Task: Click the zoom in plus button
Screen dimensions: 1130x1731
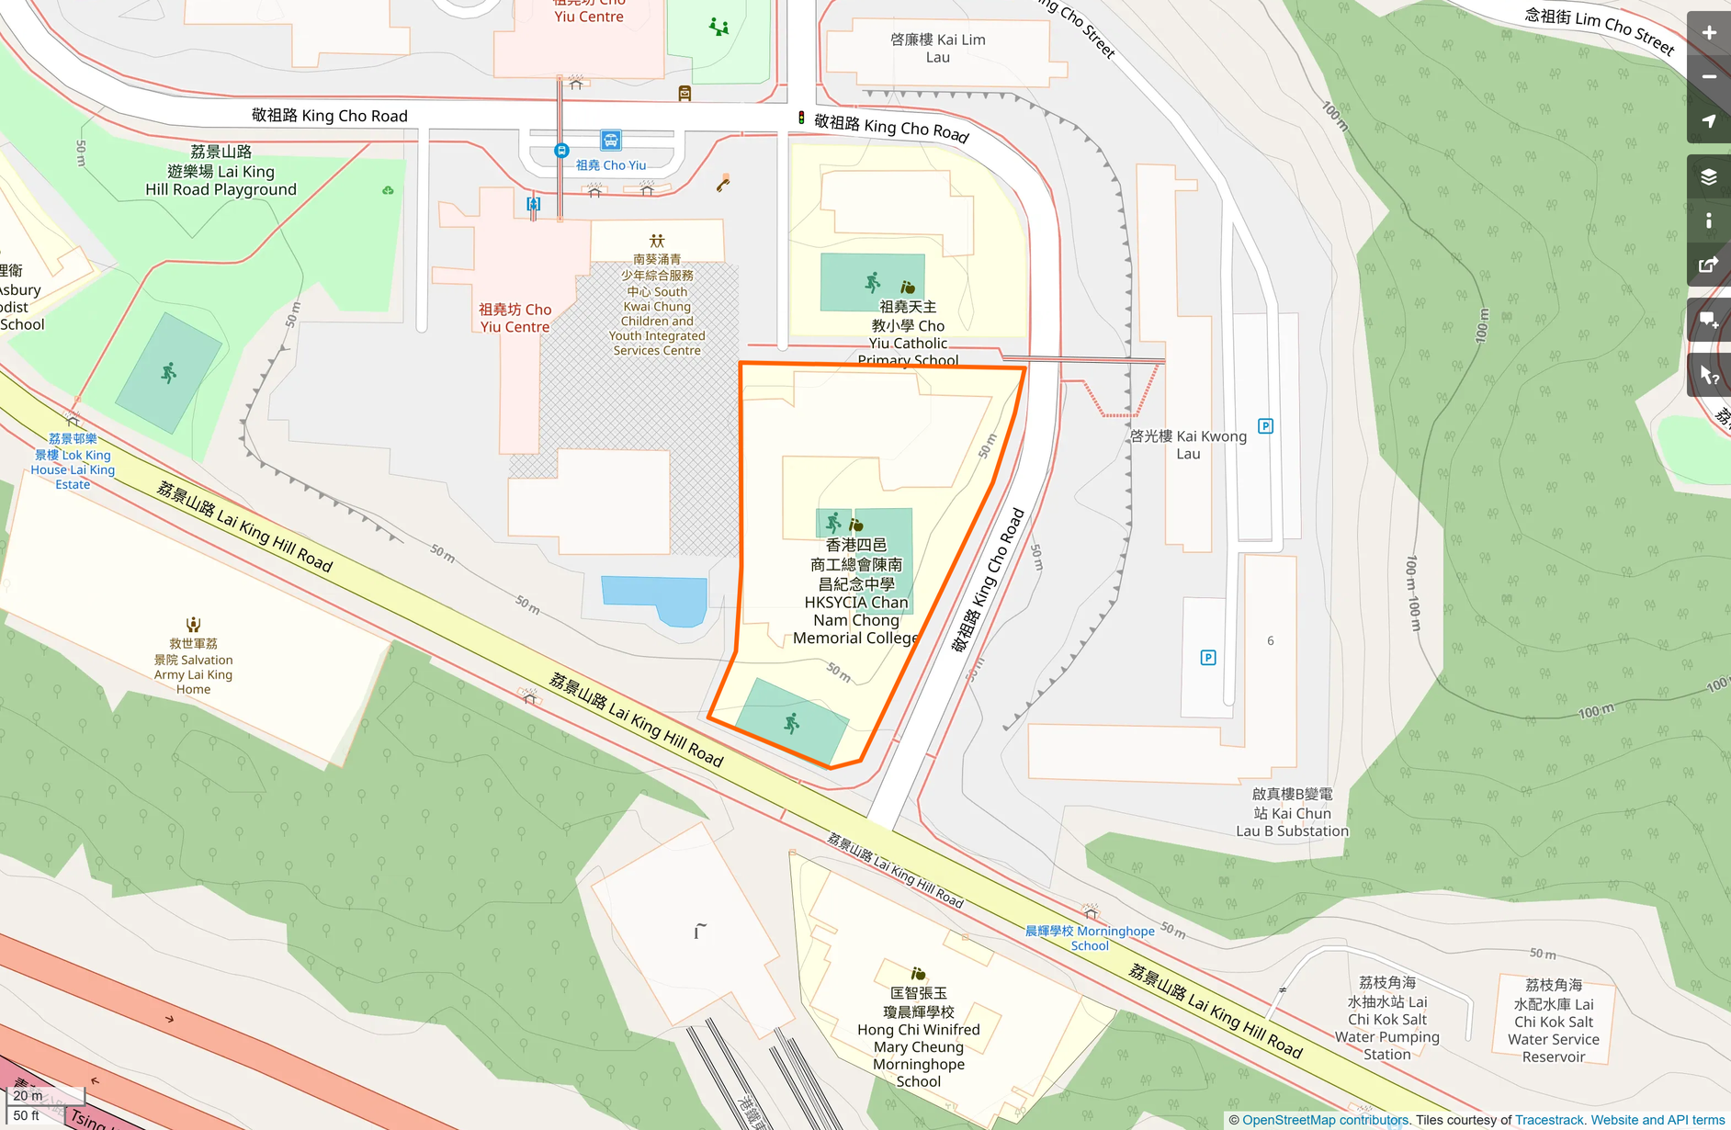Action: (1709, 33)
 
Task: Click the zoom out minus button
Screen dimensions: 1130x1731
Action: (1709, 77)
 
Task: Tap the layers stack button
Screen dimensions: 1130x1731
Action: (1709, 177)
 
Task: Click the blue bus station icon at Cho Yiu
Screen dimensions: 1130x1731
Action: (611, 140)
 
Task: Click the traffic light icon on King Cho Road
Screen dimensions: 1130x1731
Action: (801, 118)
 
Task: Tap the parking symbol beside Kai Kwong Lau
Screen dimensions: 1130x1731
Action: (1265, 426)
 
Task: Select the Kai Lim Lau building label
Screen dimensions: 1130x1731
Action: (937, 48)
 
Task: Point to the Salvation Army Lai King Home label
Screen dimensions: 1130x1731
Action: (193, 666)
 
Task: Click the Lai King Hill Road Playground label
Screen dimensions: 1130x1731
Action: (221, 171)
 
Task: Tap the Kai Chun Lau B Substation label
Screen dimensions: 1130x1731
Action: (1292, 813)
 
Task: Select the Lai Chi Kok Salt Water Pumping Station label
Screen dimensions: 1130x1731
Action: (1386, 1019)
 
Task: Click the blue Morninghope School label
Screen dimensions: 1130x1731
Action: (1090, 938)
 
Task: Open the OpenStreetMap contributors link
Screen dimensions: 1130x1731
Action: (1324, 1120)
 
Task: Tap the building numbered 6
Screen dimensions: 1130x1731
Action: (1270, 640)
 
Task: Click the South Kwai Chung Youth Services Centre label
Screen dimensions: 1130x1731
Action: (657, 306)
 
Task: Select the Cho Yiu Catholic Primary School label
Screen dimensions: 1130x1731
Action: (908, 333)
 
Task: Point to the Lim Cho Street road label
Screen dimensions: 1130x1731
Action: (1599, 28)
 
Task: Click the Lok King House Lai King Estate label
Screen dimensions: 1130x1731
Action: (73, 462)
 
